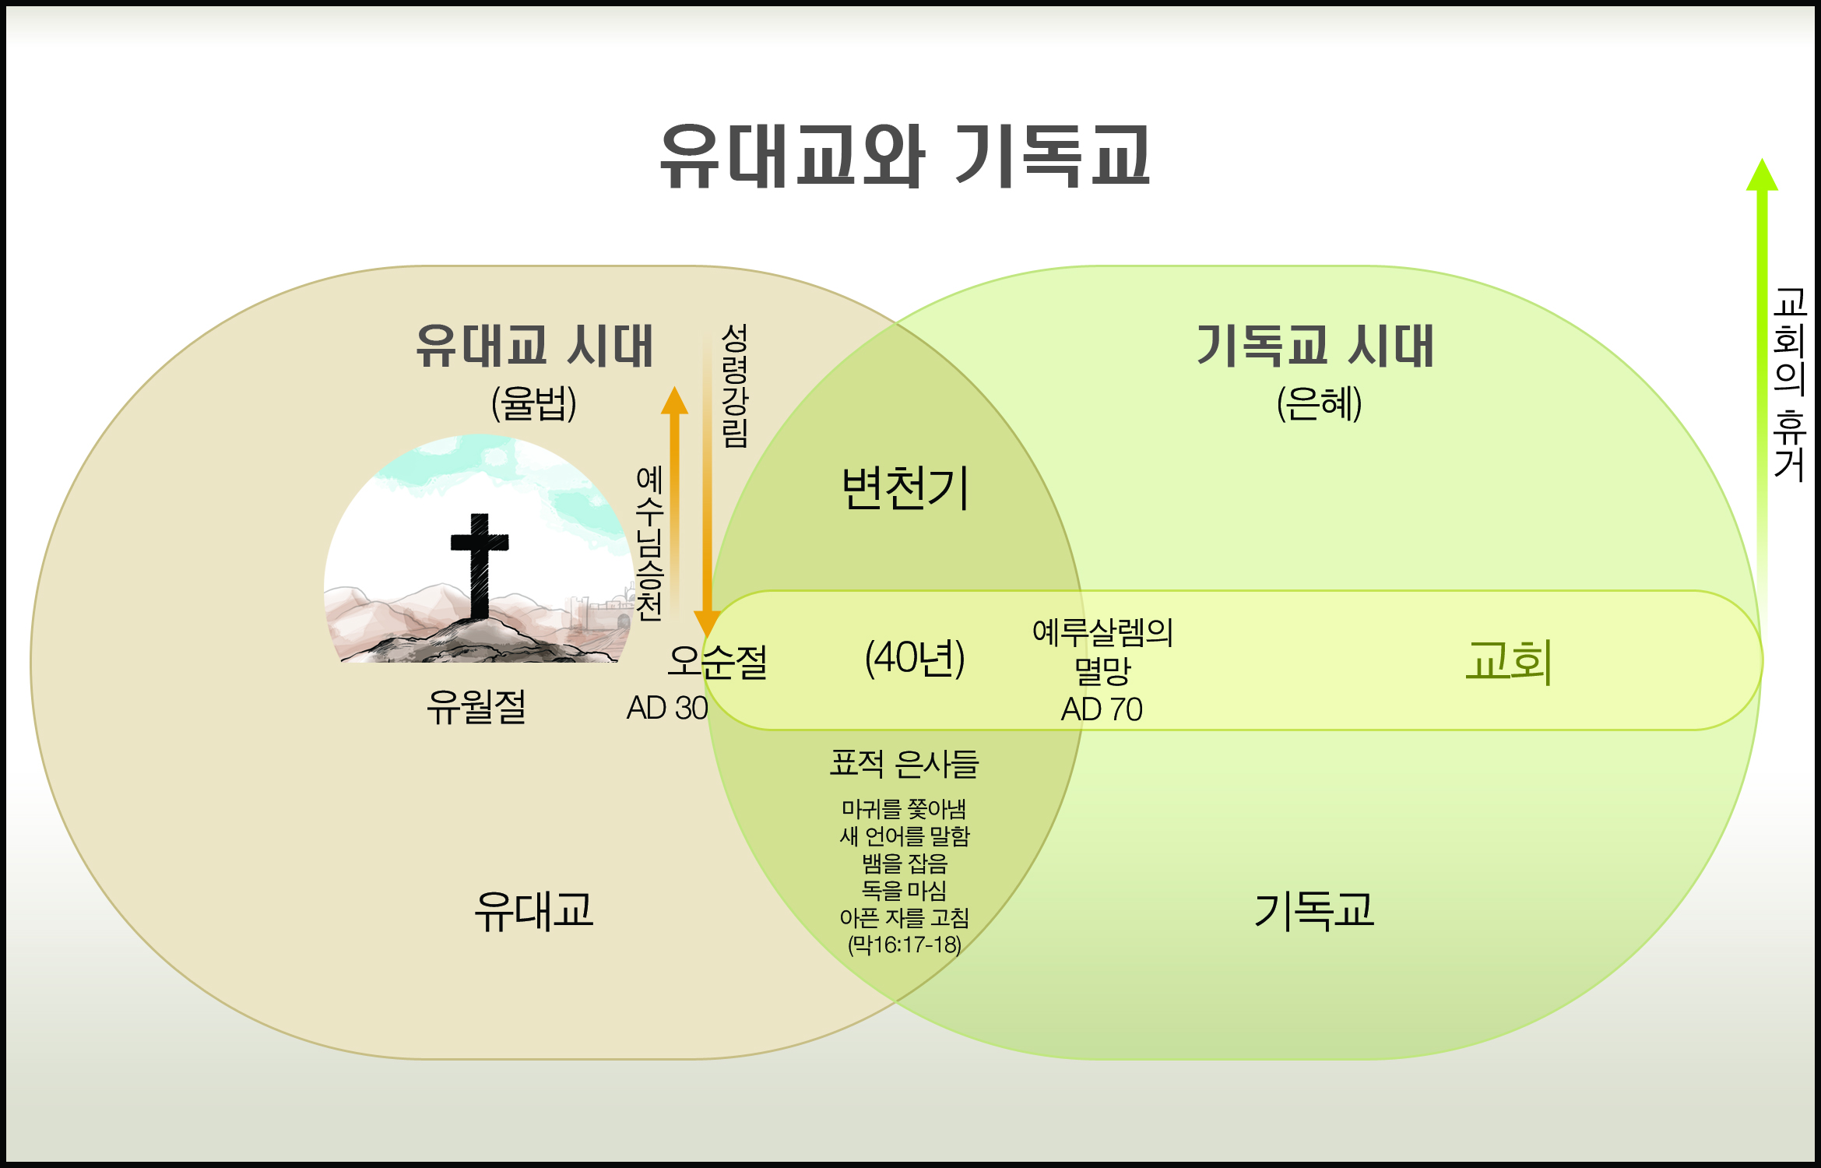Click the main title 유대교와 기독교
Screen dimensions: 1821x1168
pyautogui.click(x=905, y=156)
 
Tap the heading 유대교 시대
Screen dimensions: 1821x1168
pyautogui.click(x=534, y=346)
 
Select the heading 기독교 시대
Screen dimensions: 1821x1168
pyautogui.click(x=1316, y=346)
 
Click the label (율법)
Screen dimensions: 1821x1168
pyautogui.click(x=534, y=403)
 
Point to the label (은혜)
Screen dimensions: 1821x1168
pyautogui.click(x=1320, y=403)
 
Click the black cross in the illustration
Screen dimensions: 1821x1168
pyautogui.click(x=480, y=565)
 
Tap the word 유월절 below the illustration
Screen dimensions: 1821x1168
pyautogui.click(x=476, y=707)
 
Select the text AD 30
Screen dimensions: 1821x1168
pyautogui.click(x=667, y=708)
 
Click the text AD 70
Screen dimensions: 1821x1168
pyautogui.click(x=1102, y=709)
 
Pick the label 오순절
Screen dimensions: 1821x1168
pyautogui.click(x=718, y=662)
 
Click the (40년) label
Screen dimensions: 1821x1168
pyautogui.click(x=915, y=658)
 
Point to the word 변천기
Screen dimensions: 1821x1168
pyautogui.click(x=905, y=488)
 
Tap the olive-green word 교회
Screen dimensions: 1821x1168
pyautogui.click(x=1509, y=662)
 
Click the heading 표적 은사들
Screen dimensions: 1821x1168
pyautogui.click(x=904, y=764)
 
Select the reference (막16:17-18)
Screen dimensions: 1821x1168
pyautogui.click(x=905, y=945)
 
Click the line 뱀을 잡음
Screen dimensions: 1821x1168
pyautogui.click(x=905, y=864)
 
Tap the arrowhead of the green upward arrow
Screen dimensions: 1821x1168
pyautogui.click(x=1763, y=174)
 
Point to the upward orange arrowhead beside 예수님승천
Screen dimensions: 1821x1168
pyautogui.click(x=674, y=400)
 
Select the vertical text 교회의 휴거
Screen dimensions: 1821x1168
pyautogui.click(x=1790, y=385)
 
